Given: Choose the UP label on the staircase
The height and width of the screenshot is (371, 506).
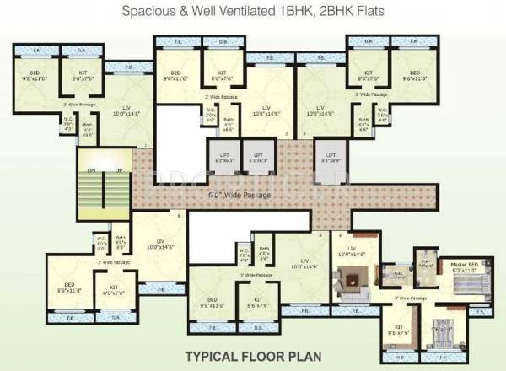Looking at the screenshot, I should click(121, 172).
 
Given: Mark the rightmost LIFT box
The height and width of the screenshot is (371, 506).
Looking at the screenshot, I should click(332, 157).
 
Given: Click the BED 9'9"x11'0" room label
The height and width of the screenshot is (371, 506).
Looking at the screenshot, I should click(211, 301).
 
